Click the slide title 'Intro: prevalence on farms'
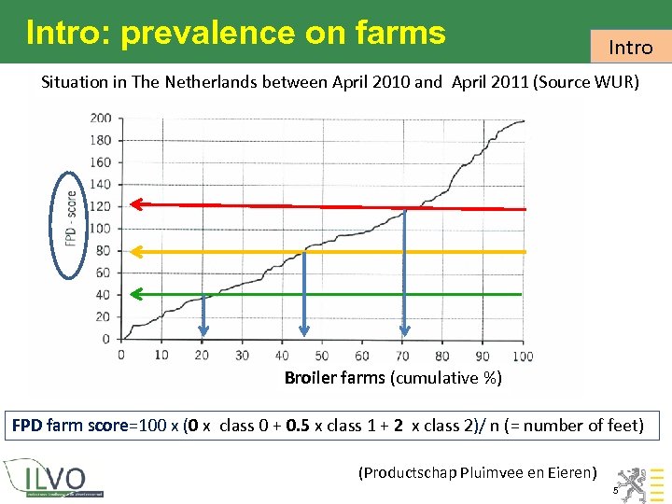point(236,33)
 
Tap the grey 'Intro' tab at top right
point(631,47)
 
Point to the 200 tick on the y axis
point(100,118)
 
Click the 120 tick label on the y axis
point(100,206)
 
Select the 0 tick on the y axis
point(105,339)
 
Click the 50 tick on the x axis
point(322,356)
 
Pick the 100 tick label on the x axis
point(523,356)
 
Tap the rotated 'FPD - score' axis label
point(71,225)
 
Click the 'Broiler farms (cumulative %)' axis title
point(393,378)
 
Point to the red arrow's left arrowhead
point(135,203)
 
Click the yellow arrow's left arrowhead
point(135,251)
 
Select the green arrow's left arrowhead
point(135,294)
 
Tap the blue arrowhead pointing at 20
point(203,329)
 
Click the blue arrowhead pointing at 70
point(404,329)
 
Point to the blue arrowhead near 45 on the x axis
point(302,329)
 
